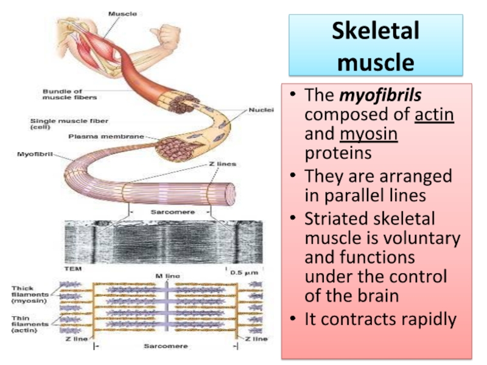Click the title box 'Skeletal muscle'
(x=376, y=46)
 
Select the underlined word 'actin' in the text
(x=434, y=115)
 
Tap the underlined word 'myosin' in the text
(x=369, y=134)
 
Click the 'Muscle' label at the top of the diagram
(x=122, y=13)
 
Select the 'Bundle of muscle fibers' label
(x=69, y=94)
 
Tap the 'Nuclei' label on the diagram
(x=261, y=110)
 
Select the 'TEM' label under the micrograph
(x=73, y=268)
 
